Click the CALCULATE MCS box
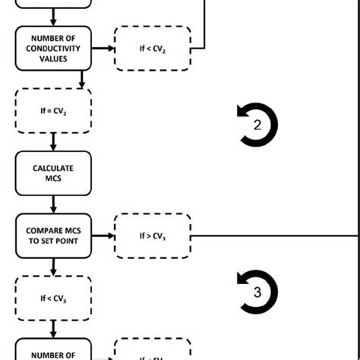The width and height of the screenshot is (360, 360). pyautogui.click(x=52, y=173)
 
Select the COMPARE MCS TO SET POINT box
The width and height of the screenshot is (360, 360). pyautogui.click(x=52, y=235)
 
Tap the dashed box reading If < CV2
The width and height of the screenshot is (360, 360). pyautogui.click(x=153, y=49)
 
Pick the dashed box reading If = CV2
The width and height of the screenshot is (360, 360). pyautogui.click(x=52, y=111)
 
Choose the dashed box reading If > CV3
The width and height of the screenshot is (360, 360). pyautogui.click(x=153, y=235)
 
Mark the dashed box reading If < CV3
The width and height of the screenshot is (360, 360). pyautogui.click(x=52, y=298)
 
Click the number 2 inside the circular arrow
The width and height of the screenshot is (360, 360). pyautogui.click(x=257, y=126)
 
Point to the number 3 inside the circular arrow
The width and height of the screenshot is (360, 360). pyautogui.click(x=257, y=292)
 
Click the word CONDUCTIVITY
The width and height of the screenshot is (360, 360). pyautogui.click(x=52, y=49)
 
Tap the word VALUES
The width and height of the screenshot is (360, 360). pyautogui.click(x=52, y=58)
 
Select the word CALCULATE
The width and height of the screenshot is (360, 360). pyautogui.click(x=52, y=168)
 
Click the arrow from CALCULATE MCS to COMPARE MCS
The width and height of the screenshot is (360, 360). pyautogui.click(x=52, y=204)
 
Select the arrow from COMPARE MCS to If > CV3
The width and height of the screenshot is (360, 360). pyautogui.click(x=103, y=235)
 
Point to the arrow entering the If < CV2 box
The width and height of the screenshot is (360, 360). pyautogui.click(x=103, y=49)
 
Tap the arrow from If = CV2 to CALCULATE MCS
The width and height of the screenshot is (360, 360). pyautogui.click(x=52, y=142)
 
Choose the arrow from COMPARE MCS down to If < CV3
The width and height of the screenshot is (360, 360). pyautogui.click(x=52, y=267)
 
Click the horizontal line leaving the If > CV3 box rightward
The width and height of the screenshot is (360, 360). pyautogui.click(x=273, y=235)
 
